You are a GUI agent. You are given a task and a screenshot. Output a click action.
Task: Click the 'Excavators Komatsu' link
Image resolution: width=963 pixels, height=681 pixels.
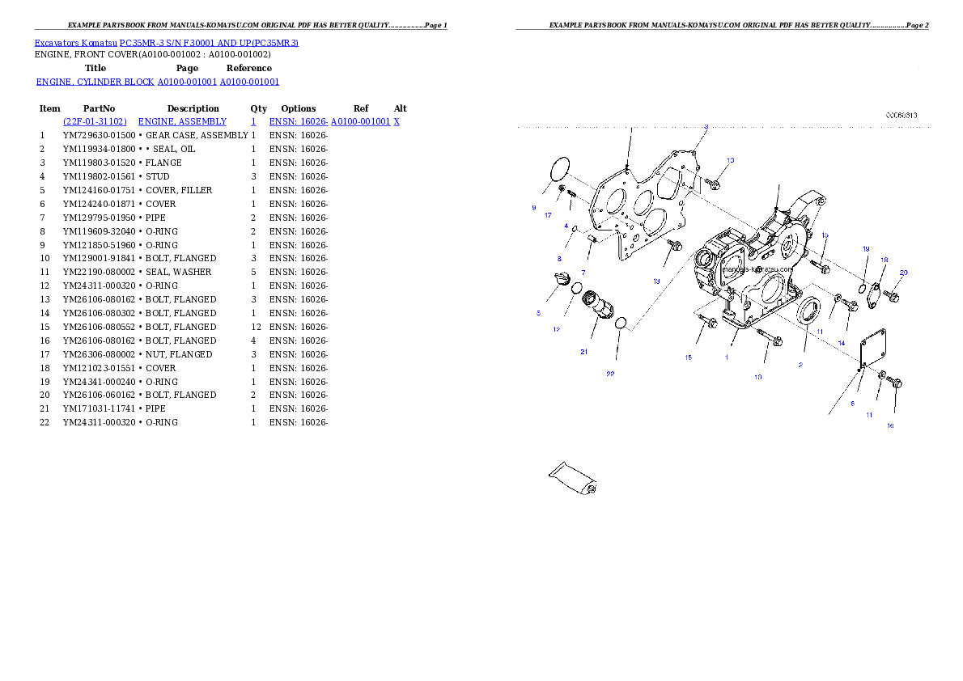(x=75, y=43)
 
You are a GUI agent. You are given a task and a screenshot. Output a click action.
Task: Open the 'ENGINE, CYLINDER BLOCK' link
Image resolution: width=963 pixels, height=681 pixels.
(x=95, y=82)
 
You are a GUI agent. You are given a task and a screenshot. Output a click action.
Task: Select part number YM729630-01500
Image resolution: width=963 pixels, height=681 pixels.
(x=99, y=135)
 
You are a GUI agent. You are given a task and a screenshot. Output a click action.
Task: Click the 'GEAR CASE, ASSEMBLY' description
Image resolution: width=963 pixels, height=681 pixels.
(x=197, y=135)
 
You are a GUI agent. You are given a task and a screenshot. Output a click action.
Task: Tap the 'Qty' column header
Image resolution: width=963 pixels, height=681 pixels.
(x=259, y=108)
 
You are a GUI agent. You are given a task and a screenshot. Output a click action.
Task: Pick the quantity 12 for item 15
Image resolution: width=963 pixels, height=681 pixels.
(x=256, y=327)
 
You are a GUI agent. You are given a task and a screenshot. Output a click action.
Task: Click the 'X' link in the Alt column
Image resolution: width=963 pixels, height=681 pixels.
(x=397, y=121)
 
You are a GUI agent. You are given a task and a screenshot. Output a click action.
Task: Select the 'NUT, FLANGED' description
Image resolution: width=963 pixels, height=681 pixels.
(x=179, y=354)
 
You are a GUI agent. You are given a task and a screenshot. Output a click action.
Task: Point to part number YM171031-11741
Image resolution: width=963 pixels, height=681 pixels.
(x=99, y=408)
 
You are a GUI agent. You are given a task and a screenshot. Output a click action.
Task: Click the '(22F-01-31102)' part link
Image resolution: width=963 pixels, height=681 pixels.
(x=95, y=121)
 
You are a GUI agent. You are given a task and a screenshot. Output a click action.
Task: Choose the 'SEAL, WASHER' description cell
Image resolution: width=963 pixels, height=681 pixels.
(x=178, y=272)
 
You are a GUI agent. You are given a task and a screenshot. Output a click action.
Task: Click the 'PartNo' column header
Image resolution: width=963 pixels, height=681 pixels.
(x=99, y=108)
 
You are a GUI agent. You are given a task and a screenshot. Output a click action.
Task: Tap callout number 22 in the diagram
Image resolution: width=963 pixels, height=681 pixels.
(x=610, y=374)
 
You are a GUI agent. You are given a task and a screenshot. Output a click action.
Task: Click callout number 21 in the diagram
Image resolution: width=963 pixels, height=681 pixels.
(x=583, y=352)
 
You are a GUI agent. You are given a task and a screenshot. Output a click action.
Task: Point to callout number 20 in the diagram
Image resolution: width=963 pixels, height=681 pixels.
(x=903, y=273)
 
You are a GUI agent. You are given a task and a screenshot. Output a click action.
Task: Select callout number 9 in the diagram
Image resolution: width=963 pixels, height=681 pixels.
(x=534, y=208)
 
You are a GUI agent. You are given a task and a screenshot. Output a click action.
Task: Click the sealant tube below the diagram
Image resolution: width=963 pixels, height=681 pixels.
(x=572, y=478)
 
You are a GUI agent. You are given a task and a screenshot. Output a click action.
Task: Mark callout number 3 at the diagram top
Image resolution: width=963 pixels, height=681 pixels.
(x=706, y=127)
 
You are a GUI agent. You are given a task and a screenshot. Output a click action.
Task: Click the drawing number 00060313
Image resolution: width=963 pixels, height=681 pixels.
(x=901, y=116)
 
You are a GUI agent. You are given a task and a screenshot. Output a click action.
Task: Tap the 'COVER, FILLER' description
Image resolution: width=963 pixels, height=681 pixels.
(x=179, y=190)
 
